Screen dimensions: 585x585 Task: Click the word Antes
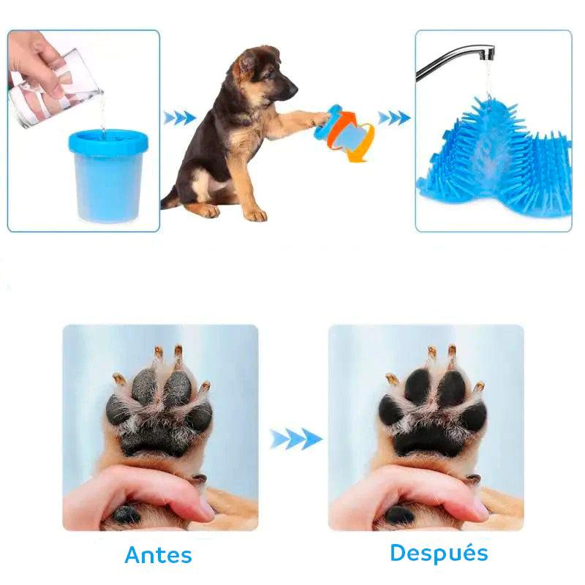[158, 554]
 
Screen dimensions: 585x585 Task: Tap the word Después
[439, 552]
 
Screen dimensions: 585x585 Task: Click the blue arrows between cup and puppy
[180, 118]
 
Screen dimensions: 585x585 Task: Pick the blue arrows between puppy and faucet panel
[394, 118]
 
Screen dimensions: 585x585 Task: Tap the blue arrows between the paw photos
[296, 439]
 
